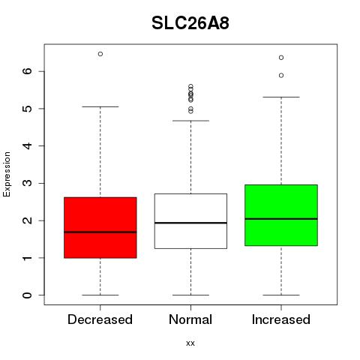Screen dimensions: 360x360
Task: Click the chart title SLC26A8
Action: point(190,23)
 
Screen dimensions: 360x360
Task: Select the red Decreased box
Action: point(100,227)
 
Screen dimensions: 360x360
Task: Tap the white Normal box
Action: point(190,221)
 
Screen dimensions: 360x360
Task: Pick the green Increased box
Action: point(281,215)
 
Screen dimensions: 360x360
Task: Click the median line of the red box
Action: point(100,232)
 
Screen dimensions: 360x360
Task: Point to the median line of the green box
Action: point(281,219)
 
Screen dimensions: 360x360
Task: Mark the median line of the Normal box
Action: point(190,223)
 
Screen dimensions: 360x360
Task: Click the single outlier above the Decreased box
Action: point(100,54)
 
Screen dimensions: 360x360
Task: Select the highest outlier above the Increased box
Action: point(281,58)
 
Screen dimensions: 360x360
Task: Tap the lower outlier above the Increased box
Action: point(281,75)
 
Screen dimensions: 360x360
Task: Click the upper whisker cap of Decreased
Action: point(100,106)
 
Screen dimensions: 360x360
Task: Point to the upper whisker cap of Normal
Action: point(190,121)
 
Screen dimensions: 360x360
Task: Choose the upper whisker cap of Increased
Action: point(281,97)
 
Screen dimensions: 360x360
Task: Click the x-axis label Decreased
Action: point(100,319)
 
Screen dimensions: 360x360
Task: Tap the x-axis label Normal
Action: point(190,319)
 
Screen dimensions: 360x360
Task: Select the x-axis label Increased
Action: point(281,319)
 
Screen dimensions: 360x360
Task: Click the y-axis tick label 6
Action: point(28,71)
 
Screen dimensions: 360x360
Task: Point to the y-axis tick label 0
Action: point(28,295)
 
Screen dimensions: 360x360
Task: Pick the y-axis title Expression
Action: point(7,174)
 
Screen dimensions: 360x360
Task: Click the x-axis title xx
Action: point(190,343)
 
